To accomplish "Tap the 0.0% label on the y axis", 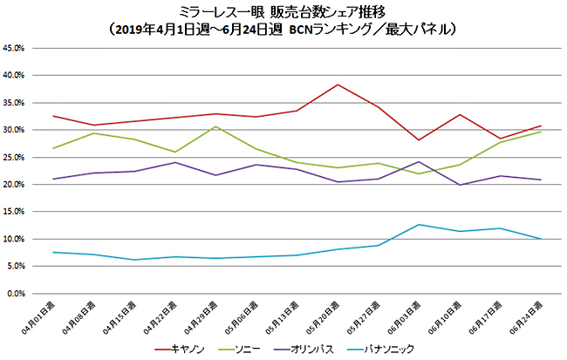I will [x=18, y=294].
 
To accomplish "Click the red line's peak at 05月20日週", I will [x=338, y=85].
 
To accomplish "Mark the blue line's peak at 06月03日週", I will [x=419, y=225].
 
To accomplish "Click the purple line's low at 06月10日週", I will [x=459, y=185].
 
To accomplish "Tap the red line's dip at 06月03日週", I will [x=419, y=140].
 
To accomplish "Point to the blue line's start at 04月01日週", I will [x=53, y=253].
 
